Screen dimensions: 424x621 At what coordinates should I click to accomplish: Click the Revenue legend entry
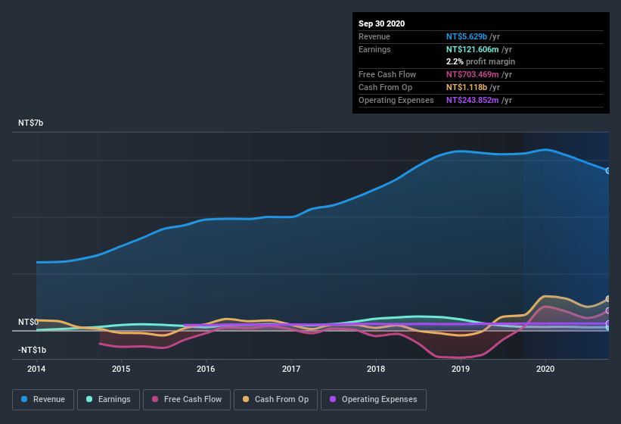tap(43, 399)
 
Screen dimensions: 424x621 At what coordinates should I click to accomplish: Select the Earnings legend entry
tap(108, 399)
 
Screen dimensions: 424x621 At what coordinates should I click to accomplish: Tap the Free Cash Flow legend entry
tap(188, 399)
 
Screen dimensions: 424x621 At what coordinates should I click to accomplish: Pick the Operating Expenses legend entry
tap(373, 399)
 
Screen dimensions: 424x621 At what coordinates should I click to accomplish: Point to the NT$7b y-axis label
tap(31, 123)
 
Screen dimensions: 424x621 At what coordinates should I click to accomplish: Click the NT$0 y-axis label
tap(28, 322)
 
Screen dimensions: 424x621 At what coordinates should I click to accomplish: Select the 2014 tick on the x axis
tap(36, 369)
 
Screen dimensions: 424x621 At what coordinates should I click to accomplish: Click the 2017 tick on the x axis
tap(291, 369)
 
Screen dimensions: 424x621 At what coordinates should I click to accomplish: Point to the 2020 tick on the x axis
tap(546, 369)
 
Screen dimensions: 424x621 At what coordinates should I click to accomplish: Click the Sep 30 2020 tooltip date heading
tap(381, 23)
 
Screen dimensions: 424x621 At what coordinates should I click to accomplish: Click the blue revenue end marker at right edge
tap(608, 170)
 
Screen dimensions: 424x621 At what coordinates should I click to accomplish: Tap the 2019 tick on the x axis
tap(461, 369)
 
